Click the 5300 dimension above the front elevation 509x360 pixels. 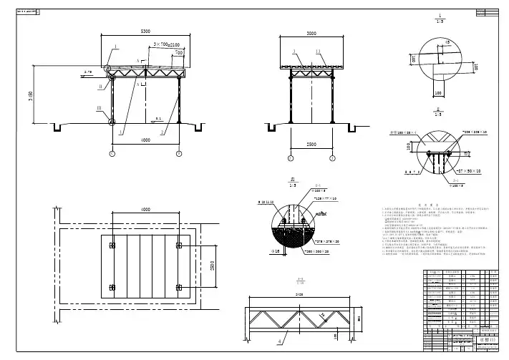pyautogui.click(x=145, y=32)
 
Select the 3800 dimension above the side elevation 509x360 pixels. pyautogui.click(x=311, y=33)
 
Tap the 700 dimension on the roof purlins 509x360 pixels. pyautogui.click(x=179, y=52)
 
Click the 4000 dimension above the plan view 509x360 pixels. pyautogui.click(x=145, y=209)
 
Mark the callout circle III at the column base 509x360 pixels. pyautogui.click(x=112, y=122)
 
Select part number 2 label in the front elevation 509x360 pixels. pyautogui.click(x=163, y=132)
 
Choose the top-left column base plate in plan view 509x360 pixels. pyautogui.click(x=112, y=246)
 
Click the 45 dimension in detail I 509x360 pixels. pyautogui.click(x=447, y=42)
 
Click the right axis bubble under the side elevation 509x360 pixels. pyautogui.click(x=332, y=158)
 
